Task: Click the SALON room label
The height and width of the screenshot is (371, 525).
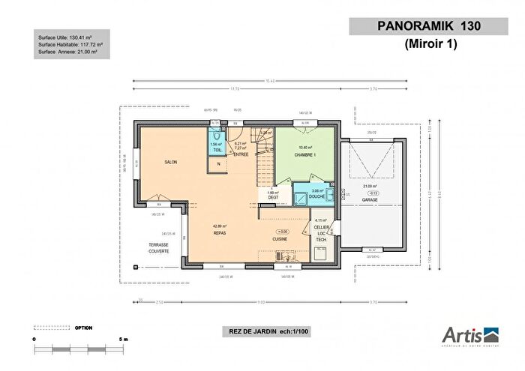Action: tap(170, 162)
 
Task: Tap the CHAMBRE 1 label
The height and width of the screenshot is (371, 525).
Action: tap(304, 154)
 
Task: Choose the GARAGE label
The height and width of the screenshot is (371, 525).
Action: tap(369, 200)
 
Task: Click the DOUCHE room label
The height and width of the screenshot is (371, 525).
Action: tap(318, 198)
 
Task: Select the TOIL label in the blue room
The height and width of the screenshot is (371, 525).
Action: tap(217, 151)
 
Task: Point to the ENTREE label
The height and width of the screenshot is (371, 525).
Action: tap(241, 154)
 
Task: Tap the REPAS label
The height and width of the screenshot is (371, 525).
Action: tap(220, 232)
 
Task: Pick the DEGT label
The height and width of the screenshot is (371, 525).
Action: tap(272, 198)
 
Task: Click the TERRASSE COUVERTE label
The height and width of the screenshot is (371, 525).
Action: tap(158, 248)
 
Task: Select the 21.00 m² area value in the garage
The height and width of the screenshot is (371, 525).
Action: tap(369, 186)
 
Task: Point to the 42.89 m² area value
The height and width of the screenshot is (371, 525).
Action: tap(220, 226)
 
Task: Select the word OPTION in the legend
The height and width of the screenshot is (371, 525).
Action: tap(83, 328)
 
